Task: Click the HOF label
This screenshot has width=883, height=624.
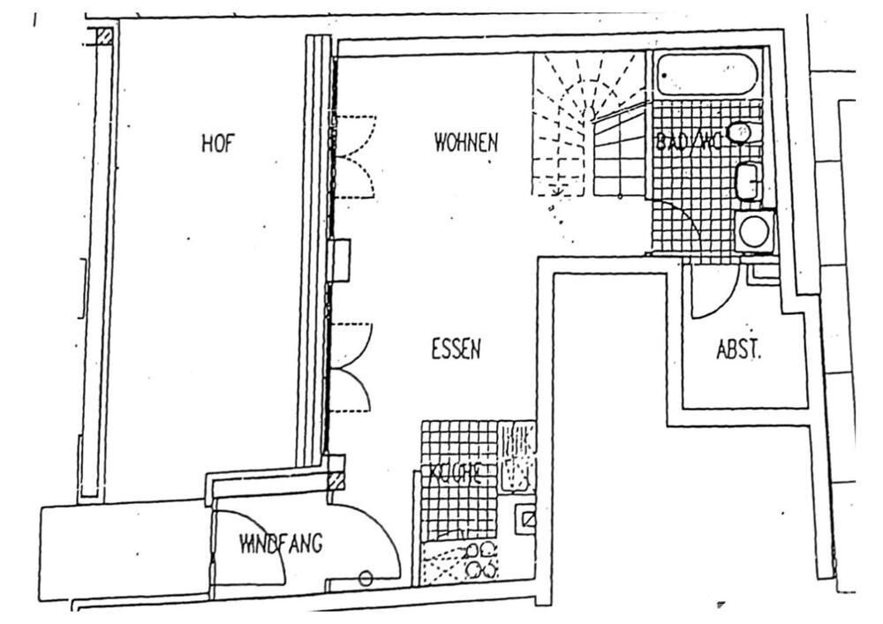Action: [x=217, y=144]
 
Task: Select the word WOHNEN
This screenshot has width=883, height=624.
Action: [x=466, y=142]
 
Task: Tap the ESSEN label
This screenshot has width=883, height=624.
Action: [x=456, y=350]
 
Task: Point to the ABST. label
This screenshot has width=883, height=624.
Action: [x=738, y=350]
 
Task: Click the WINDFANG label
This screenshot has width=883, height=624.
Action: [x=280, y=544]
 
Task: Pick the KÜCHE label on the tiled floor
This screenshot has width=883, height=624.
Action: [x=455, y=473]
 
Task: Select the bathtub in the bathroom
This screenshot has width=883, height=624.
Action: [x=707, y=74]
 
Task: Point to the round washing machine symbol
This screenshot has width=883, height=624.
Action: [x=755, y=231]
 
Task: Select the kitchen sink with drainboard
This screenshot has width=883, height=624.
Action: [x=517, y=457]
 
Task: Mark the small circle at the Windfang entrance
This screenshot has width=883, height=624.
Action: [x=366, y=578]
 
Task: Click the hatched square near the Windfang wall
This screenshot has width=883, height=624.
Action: [x=334, y=481]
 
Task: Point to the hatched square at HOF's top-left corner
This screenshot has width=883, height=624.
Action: [x=104, y=37]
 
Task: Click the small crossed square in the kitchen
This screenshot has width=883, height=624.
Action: [x=528, y=519]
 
